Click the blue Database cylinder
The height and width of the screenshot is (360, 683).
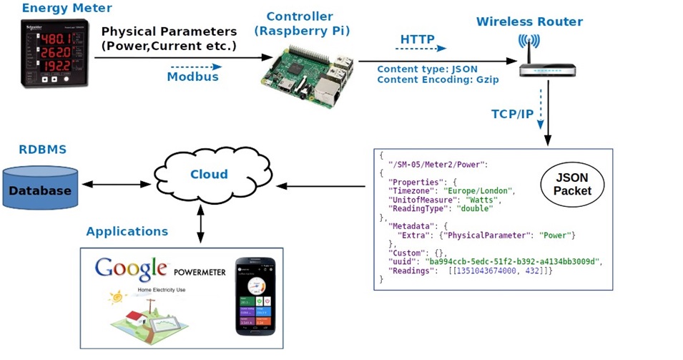[x=40, y=190]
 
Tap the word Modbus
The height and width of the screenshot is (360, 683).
[x=192, y=77]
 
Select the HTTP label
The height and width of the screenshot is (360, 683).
[x=417, y=39]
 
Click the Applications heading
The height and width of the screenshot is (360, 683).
[x=127, y=231]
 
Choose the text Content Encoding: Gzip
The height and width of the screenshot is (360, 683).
[x=438, y=80]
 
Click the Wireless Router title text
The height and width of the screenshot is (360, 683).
[x=529, y=21]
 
